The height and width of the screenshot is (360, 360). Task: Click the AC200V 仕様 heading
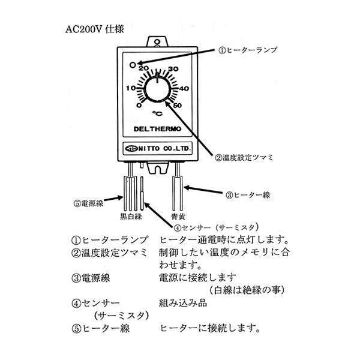point(95,29)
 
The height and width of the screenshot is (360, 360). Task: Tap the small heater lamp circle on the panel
point(133,65)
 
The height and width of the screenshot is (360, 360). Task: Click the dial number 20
point(143,68)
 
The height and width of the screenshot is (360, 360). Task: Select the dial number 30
point(173,68)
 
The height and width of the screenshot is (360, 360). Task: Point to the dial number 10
point(131,88)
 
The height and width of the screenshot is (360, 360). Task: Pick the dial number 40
point(184,88)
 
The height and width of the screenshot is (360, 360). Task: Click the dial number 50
point(177,106)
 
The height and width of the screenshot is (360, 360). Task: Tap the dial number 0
point(139,106)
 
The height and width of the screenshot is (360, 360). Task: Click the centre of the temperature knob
point(157,89)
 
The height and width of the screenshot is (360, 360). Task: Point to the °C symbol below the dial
point(157,113)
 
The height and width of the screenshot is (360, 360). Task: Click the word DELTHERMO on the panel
point(157,129)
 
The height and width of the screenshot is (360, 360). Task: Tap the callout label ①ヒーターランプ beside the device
point(247,50)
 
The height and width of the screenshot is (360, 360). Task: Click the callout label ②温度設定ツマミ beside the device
point(244,157)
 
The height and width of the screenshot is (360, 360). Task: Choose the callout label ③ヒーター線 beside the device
point(248,195)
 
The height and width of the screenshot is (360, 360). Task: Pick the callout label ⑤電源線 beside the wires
point(88,203)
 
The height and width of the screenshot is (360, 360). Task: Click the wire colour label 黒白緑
point(131,216)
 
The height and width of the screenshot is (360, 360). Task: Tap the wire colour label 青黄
point(178,217)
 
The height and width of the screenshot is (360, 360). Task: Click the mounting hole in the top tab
point(157,42)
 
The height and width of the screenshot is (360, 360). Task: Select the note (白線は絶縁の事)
point(247,290)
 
